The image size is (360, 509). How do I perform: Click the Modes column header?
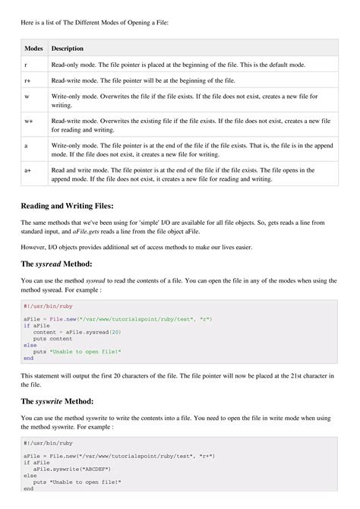tap(33, 49)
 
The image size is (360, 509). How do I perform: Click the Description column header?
tap(68, 49)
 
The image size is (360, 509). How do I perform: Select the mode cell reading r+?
tap(27, 81)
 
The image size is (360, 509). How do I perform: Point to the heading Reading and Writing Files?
tap(67, 205)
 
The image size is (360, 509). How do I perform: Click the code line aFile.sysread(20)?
tap(73, 332)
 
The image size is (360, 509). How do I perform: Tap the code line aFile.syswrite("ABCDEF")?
tap(72, 469)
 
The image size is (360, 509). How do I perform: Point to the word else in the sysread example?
tap(29, 345)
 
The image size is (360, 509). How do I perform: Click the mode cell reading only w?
tap(27, 96)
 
